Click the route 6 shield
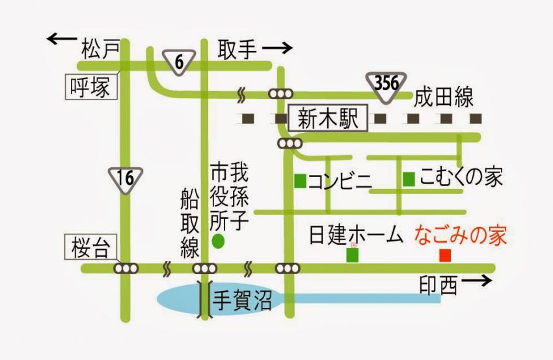click(179, 62)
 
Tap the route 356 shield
click(386, 87)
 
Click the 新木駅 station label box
click(328, 118)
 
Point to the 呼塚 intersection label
click(91, 87)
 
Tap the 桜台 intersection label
click(90, 247)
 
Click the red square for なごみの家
click(445, 255)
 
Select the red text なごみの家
click(460, 236)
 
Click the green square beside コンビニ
click(300, 181)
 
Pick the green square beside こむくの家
click(409, 179)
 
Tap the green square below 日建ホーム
click(353, 255)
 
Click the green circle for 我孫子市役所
click(218, 241)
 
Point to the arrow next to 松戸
click(62, 38)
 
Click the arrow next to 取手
click(278, 48)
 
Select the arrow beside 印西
click(476, 281)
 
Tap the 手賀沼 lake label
click(242, 301)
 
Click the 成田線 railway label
click(443, 97)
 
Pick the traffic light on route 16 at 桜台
click(126, 268)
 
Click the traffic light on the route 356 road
click(281, 94)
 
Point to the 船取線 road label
click(190, 223)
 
